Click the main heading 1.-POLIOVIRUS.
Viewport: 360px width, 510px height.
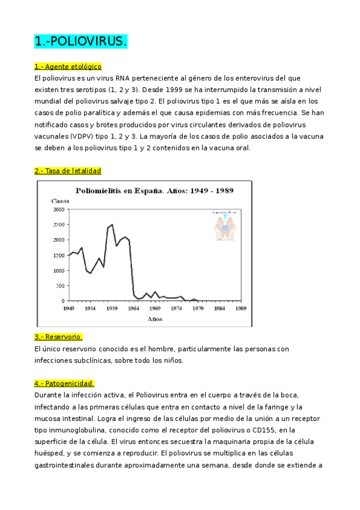[x=81, y=41]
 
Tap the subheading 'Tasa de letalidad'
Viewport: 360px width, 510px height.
[x=67, y=171]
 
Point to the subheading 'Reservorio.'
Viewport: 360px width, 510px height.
[x=58, y=337]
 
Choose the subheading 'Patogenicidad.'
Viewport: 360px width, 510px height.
[x=64, y=383]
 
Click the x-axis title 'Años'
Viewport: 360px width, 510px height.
[x=155, y=319]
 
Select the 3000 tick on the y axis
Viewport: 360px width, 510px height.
[x=59, y=209]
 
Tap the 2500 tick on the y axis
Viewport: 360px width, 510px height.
[x=59, y=224]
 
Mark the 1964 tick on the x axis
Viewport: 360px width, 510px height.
[x=134, y=307]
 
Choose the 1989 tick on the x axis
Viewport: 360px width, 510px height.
[x=241, y=307]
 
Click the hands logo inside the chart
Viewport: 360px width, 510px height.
[x=224, y=225]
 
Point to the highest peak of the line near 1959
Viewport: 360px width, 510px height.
[x=112, y=224]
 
